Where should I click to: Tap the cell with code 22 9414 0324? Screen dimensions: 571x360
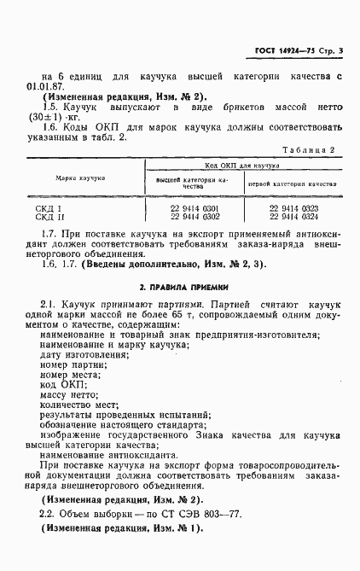[293, 216]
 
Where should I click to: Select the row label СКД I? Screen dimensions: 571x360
[49, 208]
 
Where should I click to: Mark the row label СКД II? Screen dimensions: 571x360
[50, 217]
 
